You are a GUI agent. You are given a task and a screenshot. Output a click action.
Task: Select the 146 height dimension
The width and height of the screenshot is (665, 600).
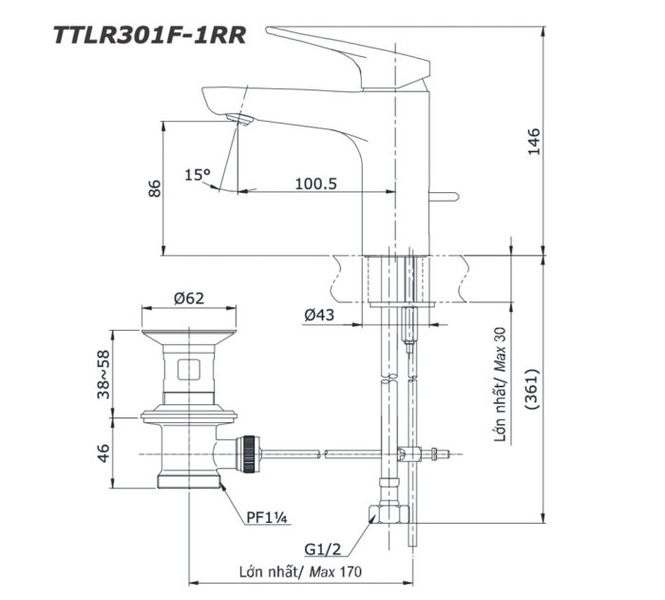point(533,141)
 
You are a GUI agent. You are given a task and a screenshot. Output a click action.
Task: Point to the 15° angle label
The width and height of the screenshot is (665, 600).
point(198,175)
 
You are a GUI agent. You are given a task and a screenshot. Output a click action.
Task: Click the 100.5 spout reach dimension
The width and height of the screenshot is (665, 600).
point(316,184)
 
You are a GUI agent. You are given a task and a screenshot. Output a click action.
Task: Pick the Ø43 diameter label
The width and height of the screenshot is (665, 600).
point(320,316)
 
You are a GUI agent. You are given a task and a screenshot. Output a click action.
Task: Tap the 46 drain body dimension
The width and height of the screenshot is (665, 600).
point(104,451)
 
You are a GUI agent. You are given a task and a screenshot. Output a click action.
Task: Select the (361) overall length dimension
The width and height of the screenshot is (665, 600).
point(533,390)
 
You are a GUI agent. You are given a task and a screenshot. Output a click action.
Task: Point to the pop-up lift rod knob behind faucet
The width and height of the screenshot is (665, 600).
point(445,198)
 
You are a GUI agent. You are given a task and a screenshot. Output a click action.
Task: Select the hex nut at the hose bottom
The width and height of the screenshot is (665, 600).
point(389,514)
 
